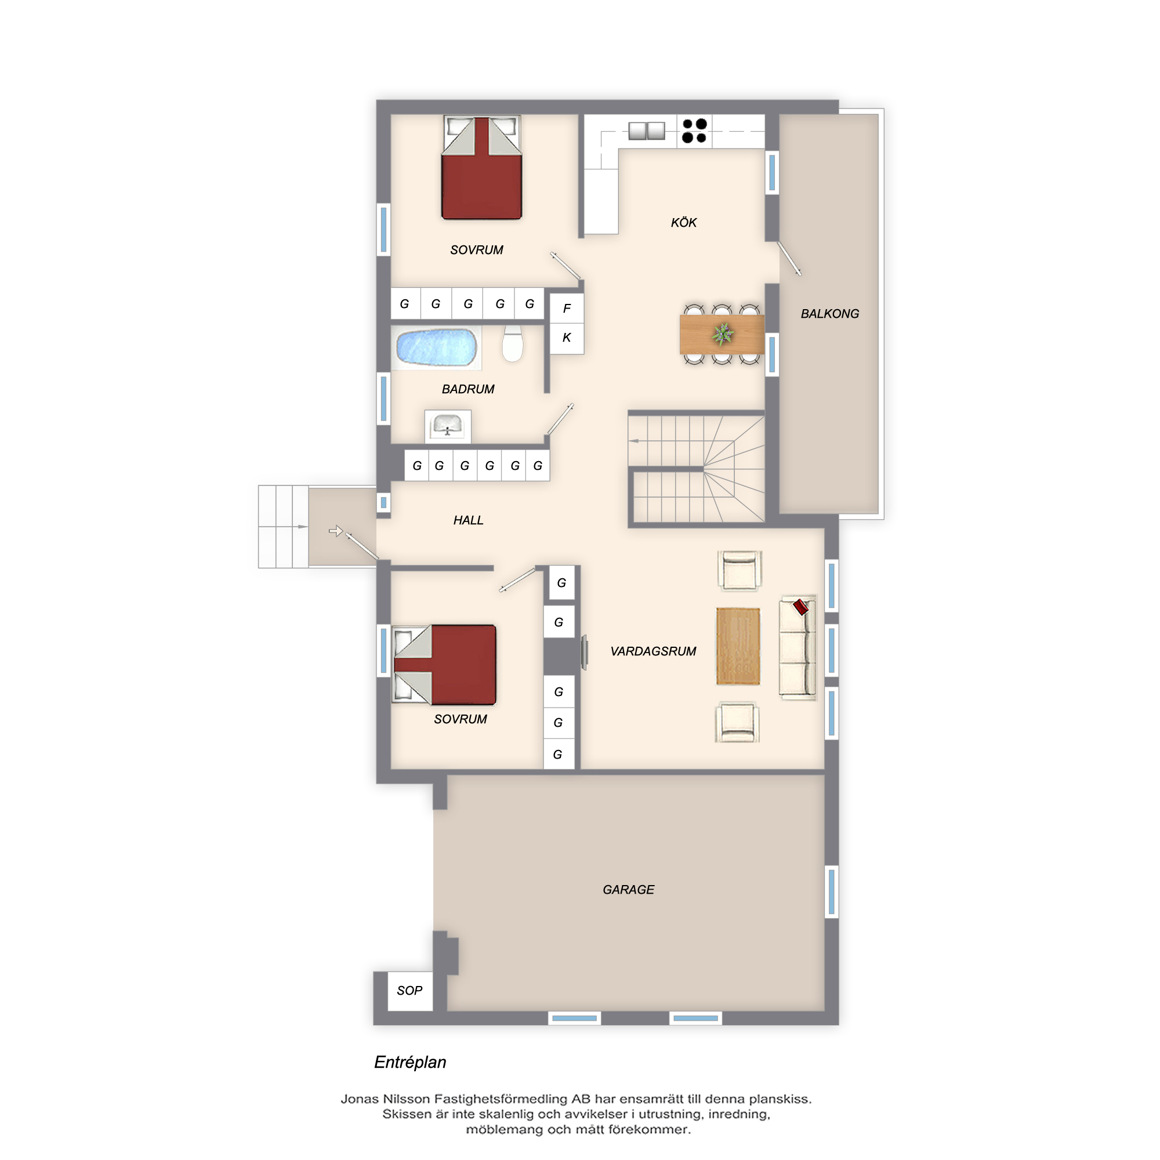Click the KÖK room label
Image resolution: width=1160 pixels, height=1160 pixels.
(x=683, y=223)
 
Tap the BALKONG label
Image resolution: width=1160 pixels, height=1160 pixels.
(x=830, y=313)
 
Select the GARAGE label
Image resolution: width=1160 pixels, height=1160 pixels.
(x=628, y=889)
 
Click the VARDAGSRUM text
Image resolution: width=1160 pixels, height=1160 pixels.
(x=653, y=651)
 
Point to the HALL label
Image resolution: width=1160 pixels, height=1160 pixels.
(x=468, y=520)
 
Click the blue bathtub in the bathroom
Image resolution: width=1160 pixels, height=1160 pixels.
(x=437, y=347)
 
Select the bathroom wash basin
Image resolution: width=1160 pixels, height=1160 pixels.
(x=447, y=426)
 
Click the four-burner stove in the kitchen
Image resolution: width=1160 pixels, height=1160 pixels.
(x=694, y=131)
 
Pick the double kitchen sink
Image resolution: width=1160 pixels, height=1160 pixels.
(x=647, y=130)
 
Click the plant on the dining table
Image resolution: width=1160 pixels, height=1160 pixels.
(x=723, y=333)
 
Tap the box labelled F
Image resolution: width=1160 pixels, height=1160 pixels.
(x=567, y=309)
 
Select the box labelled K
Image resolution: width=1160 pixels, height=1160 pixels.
(x=567, y=338)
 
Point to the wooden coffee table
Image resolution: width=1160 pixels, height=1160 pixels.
(x=738, y=646)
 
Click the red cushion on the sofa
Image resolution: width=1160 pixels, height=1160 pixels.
(x=800, y=607)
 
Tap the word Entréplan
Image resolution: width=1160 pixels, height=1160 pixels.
(x=410, y=1062)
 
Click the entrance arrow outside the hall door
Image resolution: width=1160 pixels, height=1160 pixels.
(x=336, y=531)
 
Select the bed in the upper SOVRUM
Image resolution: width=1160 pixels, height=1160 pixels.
(x=481, y=168)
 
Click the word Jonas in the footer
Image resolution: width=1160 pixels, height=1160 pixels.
(x=360, y=1099)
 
